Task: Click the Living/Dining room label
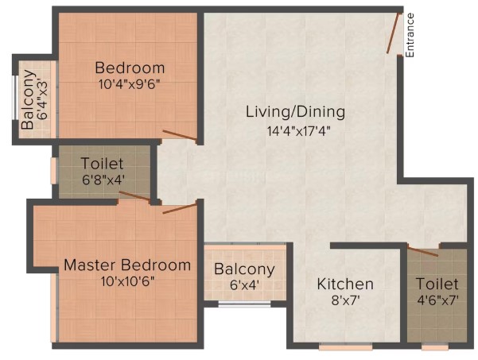[295, 112]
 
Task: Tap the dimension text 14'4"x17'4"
[299, 131]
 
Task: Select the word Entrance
[410, 35]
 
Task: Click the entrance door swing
[393, 33]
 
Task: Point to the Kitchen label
[345, 284]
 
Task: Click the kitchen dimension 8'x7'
[346, 300]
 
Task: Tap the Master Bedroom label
[127, 265]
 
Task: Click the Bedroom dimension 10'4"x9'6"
[130, 84]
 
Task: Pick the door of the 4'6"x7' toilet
[423, 252]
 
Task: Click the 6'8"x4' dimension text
[103, 180]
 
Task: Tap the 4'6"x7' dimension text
[437, 300]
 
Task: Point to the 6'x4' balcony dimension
[245, 285]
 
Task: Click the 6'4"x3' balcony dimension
[43, 99]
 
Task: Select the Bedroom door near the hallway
[179, 135]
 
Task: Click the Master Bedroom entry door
[180, 208]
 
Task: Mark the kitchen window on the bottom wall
[346, 346]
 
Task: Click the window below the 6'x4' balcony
[245, 304]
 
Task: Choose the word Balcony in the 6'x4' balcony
[244, 269]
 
